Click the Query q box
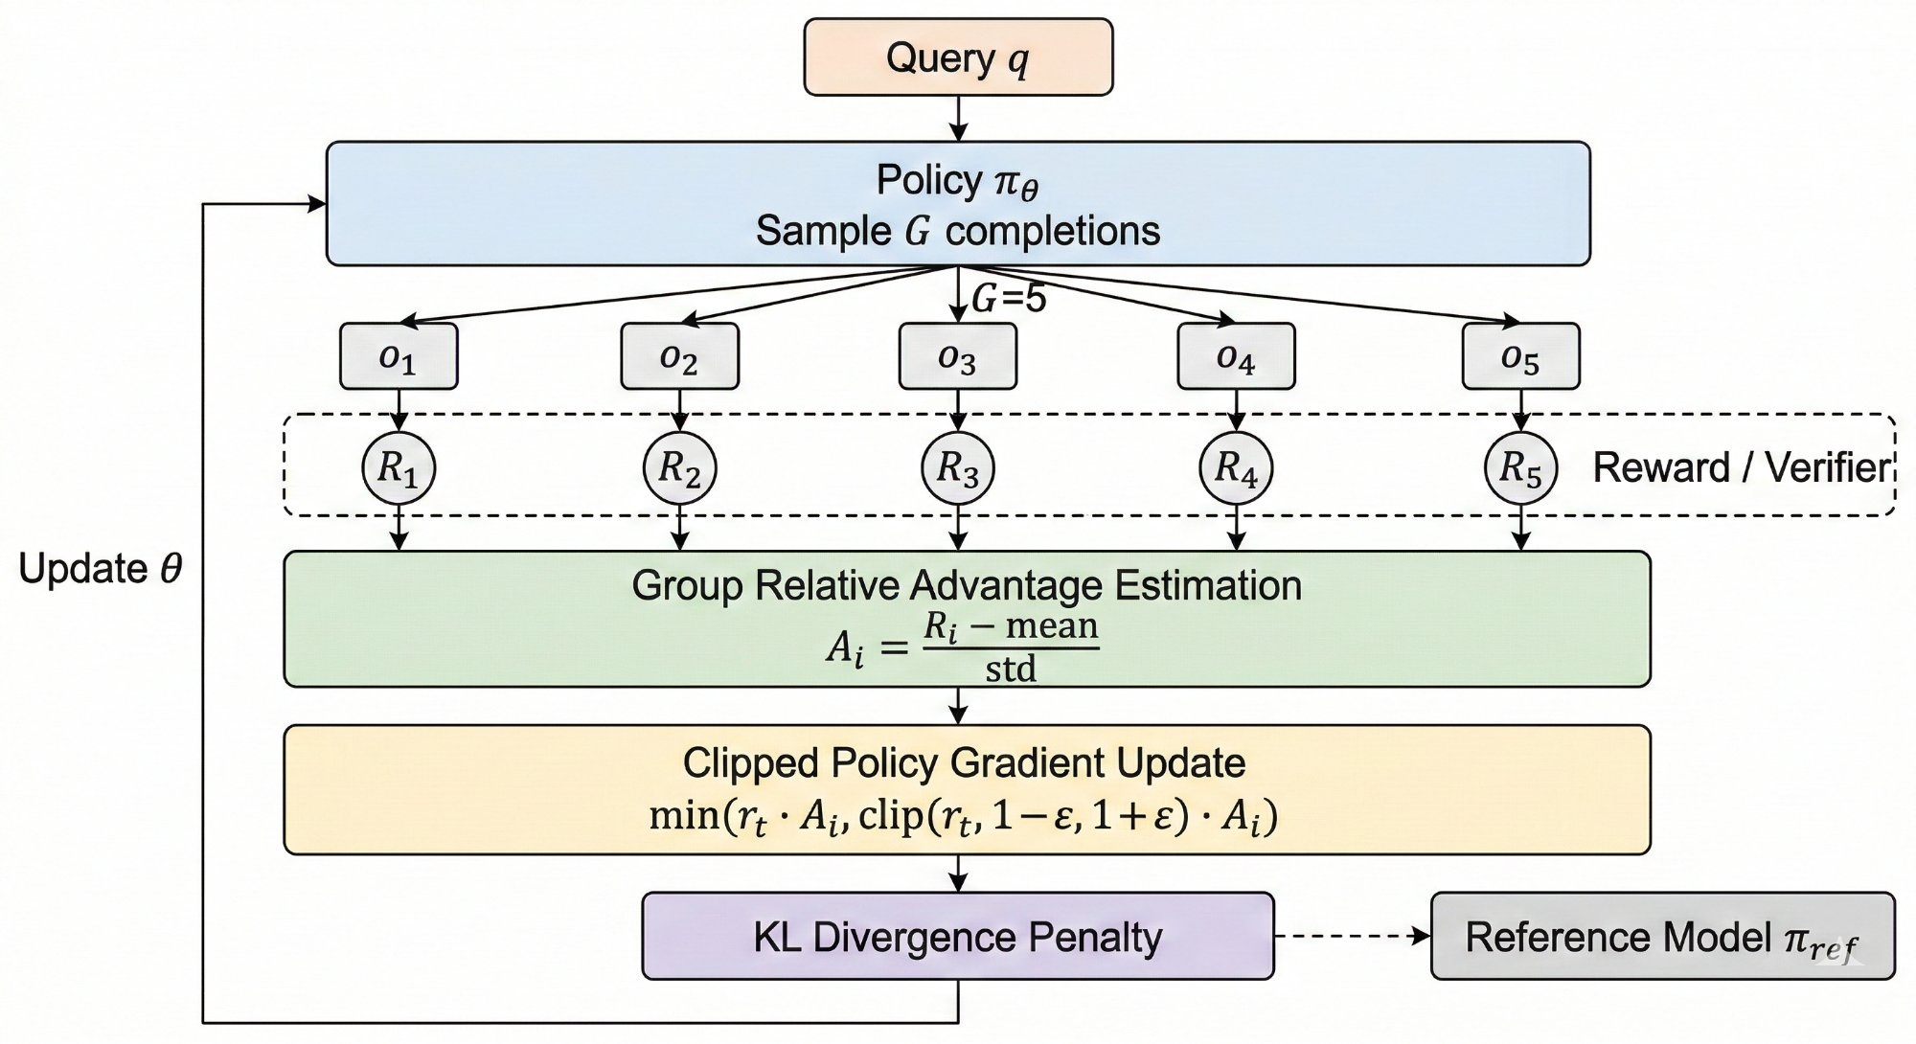coord(958,57)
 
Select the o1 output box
coord(399,356)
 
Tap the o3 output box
coord(957,356)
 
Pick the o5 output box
coord(1520,356)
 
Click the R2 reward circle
coord(679,468)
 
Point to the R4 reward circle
coord(1236,468)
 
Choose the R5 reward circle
coord(1520,468)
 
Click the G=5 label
coord(1009,300)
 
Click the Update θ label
coord(100,570)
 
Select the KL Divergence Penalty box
coord(958,936)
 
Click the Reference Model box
coord(1662,936)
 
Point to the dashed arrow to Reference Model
coord(1351,936)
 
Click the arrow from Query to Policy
coord(958,119)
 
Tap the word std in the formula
coord(1011,669)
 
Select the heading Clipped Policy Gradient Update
coord(964,763)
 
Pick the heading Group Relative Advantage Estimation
coord(967,585)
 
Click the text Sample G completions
coord(958,231)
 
